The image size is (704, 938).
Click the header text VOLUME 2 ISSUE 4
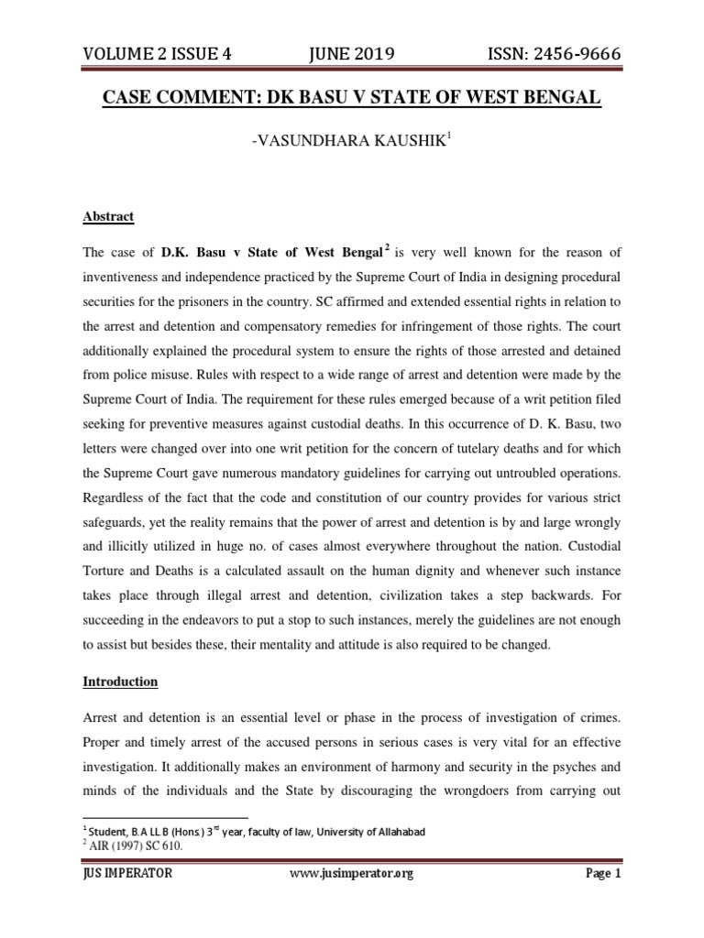[157, 56]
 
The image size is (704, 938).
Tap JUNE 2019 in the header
[352, 56]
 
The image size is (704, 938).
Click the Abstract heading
[108, 217]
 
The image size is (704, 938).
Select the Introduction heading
[120, 682]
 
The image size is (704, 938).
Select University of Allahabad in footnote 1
[361, 832]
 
